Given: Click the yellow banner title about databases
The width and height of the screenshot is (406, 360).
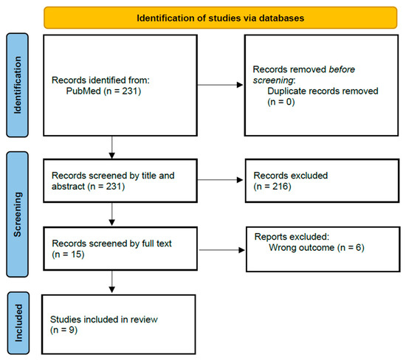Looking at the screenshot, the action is [x=221, y=18].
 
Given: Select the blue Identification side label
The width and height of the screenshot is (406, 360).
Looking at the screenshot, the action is [x=18, y=85].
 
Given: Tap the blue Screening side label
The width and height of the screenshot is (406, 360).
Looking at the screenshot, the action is [x=18, y=214].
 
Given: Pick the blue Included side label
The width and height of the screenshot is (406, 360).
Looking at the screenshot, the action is [x=18, y=322].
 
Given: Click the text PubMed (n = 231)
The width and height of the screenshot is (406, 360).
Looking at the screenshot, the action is [x=103, y=91].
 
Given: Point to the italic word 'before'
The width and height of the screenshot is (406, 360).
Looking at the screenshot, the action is [x=342, y=69].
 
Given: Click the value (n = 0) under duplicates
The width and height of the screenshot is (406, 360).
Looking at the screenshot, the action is [x=281, y=102].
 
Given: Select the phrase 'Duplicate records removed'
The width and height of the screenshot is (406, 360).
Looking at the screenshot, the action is [x=323, y=91].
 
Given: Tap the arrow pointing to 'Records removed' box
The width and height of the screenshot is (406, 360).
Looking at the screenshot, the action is [x=220, y=85].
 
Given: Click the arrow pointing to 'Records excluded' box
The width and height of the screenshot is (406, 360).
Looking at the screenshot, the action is [x=220, y=180].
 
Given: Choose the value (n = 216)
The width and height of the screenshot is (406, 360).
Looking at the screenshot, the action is [x=272, y=187].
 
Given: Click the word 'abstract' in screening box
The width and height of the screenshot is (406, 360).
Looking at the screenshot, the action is [x=69, y=187].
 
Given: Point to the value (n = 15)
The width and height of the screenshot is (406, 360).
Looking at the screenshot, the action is [x=69, y=255].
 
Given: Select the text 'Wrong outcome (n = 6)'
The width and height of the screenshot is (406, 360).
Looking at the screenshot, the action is [x=317, y=248].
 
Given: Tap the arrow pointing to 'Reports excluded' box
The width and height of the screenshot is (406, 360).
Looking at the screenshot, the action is [x=222, y=250].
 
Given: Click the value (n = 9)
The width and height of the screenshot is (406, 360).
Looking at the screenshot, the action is [x=63, y=330].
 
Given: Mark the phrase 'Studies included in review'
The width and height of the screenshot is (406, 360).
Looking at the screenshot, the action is [x=104, y=319].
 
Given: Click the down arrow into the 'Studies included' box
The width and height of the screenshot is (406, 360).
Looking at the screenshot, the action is [x=112, y=282].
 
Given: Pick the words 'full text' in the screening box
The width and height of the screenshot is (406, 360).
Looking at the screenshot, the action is [x=156, y=243].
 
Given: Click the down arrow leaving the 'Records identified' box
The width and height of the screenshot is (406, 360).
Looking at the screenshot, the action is [x=112, y=148].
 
